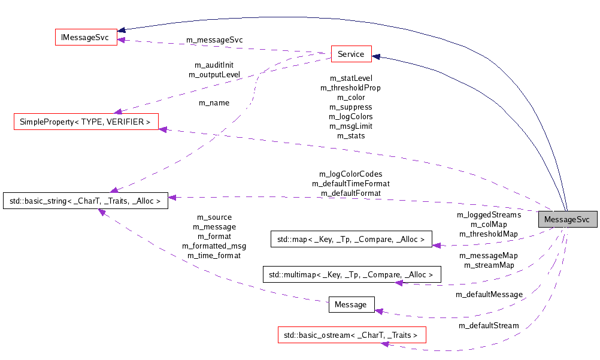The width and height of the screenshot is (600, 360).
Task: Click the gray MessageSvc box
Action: [567, 220]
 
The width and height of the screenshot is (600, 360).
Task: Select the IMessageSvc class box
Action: [86, 37]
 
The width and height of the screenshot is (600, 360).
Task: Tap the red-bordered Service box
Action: [351, 54]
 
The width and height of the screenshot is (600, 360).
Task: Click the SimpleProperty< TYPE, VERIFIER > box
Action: [86, 122]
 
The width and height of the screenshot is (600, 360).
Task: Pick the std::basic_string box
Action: [86, 201]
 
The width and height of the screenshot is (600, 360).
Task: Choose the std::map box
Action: [351, 240]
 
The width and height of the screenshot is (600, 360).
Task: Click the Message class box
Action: [351, 304]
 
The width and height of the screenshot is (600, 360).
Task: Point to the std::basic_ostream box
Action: [351, 335]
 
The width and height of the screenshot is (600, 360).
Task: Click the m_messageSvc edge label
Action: [215, 40]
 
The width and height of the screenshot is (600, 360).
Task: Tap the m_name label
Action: [214, 103]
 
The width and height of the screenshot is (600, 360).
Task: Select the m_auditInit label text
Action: [214, 65]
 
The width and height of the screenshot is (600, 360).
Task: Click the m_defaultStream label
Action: [489, 325]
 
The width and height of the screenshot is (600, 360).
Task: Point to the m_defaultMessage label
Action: [489, 294]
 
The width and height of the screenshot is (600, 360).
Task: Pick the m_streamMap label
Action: [489, 265]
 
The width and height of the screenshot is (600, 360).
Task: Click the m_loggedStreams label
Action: [489, 214]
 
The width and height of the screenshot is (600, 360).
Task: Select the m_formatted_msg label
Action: [214, 246]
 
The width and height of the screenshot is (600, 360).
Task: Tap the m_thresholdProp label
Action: [350, 87]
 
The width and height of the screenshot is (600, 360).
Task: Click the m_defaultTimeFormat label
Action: [350, 183]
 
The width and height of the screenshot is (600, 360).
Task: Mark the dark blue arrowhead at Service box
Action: [376, 57]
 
